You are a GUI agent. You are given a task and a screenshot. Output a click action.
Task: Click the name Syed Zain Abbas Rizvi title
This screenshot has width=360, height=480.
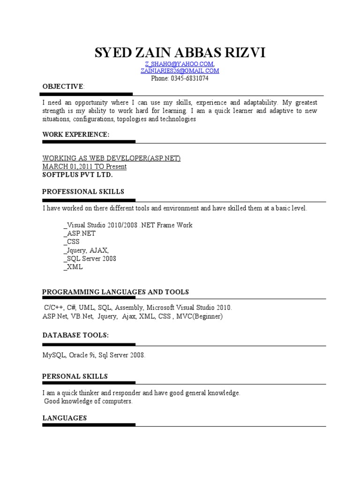pos(180,53)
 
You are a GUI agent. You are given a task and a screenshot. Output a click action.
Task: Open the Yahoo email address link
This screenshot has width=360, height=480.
pos(180,64)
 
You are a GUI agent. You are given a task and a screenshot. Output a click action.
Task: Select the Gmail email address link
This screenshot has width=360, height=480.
pos(180,71)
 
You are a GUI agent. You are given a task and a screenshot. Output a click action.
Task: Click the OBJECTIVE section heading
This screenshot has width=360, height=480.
pos(63,87)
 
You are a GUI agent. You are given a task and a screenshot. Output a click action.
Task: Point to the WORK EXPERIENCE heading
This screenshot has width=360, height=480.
pos(76,135)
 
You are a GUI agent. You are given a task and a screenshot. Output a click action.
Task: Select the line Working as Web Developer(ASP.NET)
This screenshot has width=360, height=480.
pos(112,158)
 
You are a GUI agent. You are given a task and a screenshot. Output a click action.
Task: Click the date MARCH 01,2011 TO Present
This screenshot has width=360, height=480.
pos(84,166)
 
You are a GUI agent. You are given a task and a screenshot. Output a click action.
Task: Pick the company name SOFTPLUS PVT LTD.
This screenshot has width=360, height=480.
pos(78,174)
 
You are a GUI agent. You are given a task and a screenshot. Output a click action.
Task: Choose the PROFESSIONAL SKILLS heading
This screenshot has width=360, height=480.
pos(83,192)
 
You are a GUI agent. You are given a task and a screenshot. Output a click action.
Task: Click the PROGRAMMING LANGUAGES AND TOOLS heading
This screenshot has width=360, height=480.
pos(115,292)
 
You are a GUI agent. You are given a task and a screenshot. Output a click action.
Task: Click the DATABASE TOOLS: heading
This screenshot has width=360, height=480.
pos(75,335)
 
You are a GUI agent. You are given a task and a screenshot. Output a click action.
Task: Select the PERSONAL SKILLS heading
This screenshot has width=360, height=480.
pos(75,376)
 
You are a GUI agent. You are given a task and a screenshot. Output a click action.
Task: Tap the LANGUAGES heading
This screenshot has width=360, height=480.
pos(65,418)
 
